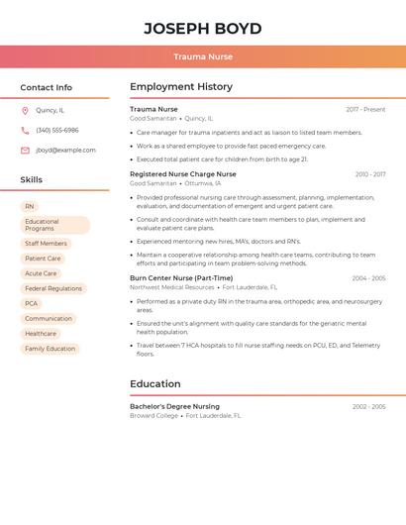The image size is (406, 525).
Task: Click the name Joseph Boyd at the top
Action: (203, 29)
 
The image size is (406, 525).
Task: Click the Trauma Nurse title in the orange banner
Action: (203, 56)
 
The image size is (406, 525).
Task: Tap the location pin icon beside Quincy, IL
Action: (25, 111)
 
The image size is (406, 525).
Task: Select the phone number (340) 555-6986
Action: (57, 131)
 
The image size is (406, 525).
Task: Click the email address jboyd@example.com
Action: (65, 151)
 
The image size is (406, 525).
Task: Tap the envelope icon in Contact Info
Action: (25, 151)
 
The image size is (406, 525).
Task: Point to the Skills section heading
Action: (32, 180)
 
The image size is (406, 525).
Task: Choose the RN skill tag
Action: (30, 207)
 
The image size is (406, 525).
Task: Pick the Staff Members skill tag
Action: (46, 244)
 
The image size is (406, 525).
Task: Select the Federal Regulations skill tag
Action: (53, 288)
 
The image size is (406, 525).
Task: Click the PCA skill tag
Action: (32, 304)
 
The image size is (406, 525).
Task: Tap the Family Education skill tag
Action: (50, 349)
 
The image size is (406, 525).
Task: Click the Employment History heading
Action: (181, 87)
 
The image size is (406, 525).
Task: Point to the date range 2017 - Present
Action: (365, 109)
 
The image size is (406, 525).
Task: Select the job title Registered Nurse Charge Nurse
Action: (183, 174)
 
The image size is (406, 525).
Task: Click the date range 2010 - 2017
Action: (370, 174)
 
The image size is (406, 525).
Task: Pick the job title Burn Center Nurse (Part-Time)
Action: (181, 278)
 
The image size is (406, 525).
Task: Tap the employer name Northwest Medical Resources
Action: (172, 287)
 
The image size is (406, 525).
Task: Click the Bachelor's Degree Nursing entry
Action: (174, 406)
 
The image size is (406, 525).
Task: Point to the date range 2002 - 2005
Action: (369, 406)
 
